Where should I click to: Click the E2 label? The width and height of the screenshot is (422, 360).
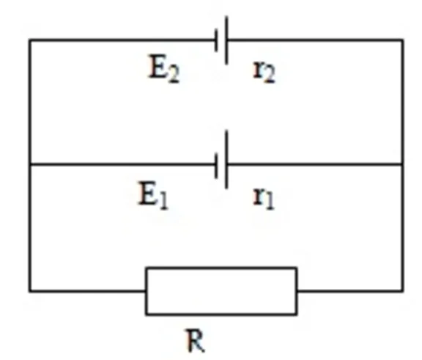163,69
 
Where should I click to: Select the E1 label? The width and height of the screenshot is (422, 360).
153,195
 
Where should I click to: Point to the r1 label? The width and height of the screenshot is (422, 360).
264,198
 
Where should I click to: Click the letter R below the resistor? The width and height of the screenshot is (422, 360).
196,340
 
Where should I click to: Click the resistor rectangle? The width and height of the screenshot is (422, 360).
221,291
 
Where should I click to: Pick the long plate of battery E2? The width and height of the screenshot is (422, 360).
226,40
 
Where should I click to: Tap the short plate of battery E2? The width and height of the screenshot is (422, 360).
216,40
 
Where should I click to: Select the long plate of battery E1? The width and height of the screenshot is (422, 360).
226,159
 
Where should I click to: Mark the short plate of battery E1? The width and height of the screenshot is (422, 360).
216,165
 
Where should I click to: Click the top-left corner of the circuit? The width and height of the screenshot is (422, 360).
30,40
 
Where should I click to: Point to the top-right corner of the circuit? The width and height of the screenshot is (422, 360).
402,40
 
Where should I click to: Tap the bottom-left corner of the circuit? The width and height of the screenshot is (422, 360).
30,291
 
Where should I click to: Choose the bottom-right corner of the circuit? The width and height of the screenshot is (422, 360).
402,291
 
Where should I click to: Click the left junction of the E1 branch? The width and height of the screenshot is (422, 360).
30,164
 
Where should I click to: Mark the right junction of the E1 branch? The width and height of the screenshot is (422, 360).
402,164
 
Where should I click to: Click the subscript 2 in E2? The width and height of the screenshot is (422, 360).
174,75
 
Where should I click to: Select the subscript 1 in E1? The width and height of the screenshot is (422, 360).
163,202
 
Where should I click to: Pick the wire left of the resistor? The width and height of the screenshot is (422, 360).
88,291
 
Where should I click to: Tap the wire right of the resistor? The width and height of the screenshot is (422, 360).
350,291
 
